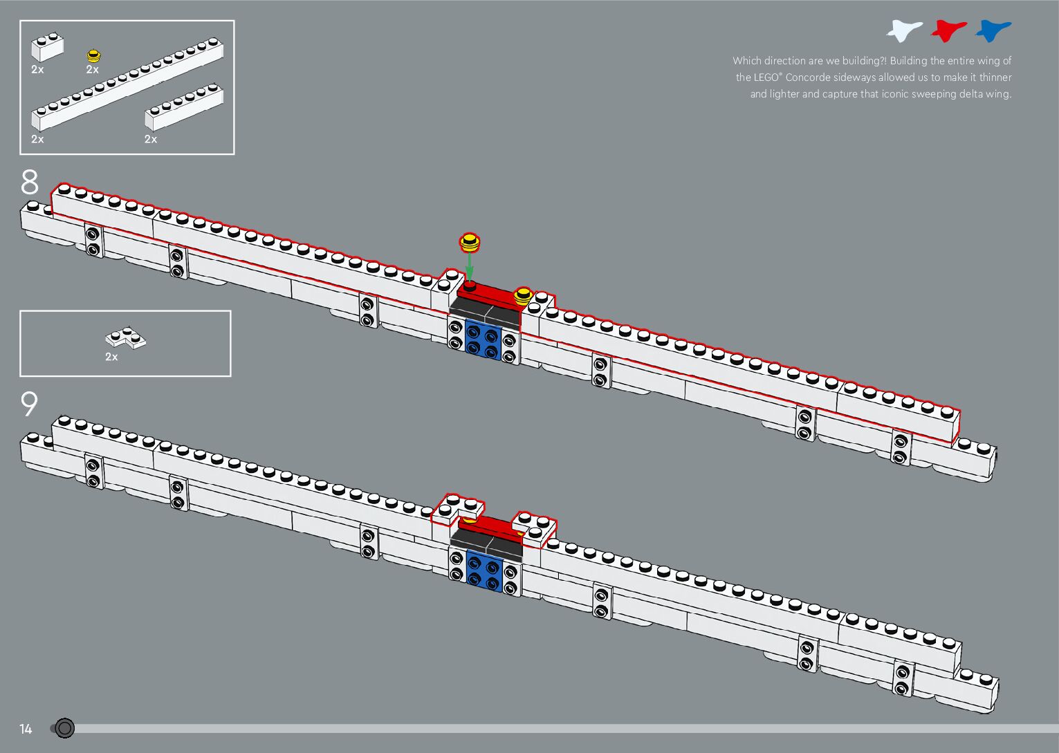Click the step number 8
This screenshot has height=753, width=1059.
tap(30, 183)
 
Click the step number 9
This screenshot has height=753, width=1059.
tap(29, 405)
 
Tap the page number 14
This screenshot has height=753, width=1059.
tap(26, 729)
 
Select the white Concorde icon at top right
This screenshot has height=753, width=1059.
tap(904, 30)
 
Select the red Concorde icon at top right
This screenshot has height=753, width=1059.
tap(948, 30)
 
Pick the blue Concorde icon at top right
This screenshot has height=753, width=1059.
tap(993, 30)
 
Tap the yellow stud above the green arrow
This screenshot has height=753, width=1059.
tap(469, 242)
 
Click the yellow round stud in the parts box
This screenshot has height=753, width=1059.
tap(93, 55)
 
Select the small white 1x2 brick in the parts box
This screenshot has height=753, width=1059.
tap(48, 48)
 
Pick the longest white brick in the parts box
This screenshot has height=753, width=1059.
tap(127, 86)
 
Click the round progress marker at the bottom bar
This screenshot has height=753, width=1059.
tap(64, 728)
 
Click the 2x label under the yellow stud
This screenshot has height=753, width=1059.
tap(93, 70)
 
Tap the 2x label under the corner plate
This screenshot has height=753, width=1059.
tap(111, 357)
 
